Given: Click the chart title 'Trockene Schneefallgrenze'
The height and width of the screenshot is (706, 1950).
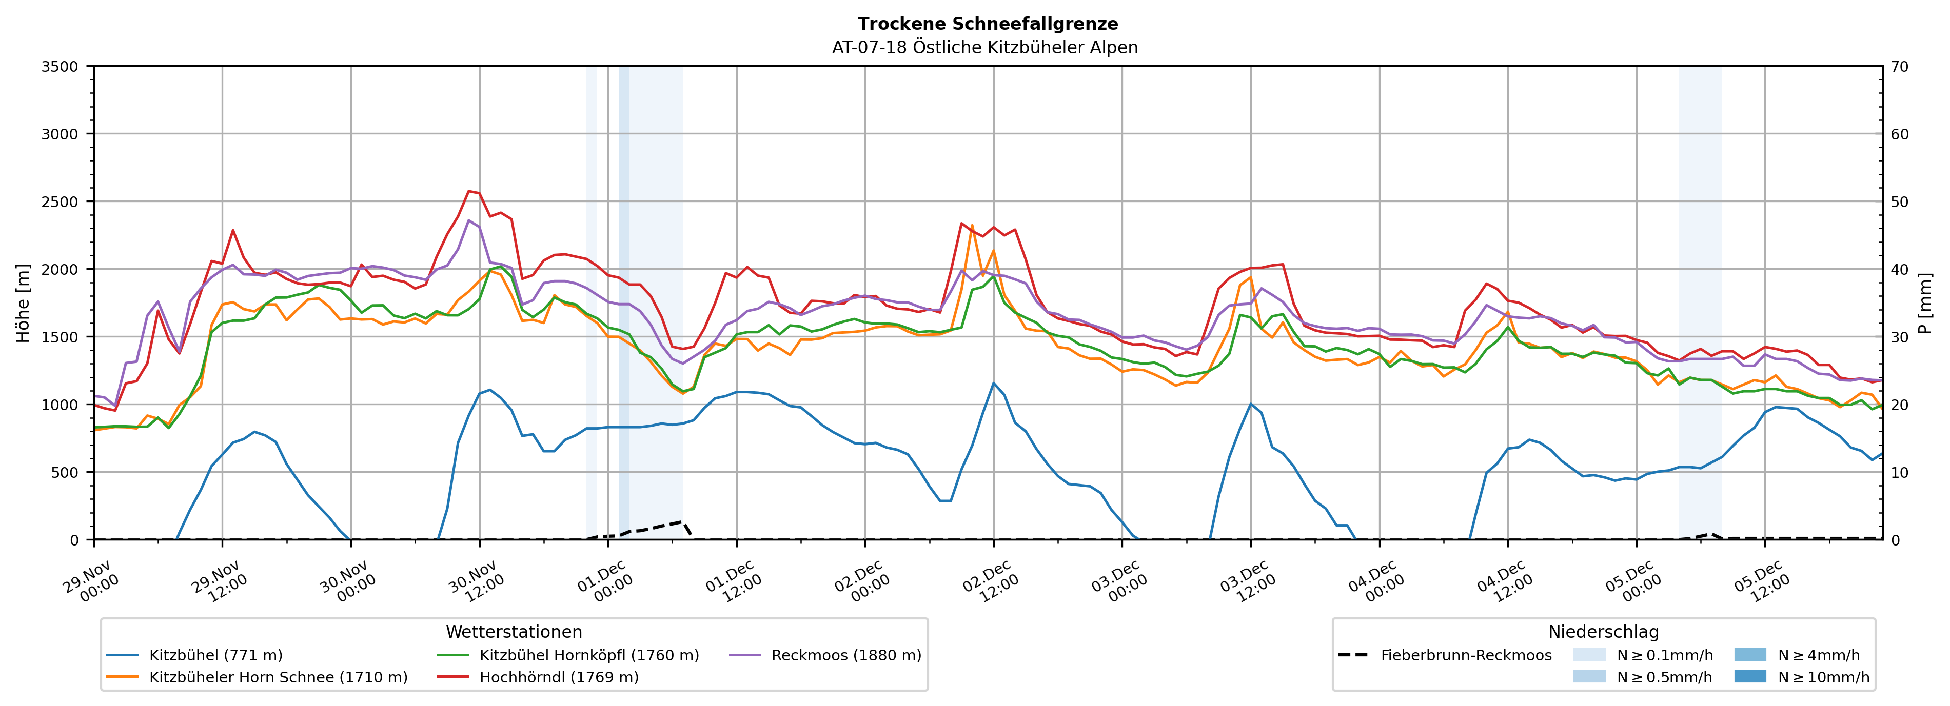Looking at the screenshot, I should [987, 24].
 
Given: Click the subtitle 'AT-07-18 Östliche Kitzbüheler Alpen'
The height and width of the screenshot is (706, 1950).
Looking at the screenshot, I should [984, 48].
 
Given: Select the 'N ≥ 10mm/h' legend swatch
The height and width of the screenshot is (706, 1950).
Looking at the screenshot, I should [1750, 676].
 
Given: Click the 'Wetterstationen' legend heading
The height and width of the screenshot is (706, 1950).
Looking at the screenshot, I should [514, 632].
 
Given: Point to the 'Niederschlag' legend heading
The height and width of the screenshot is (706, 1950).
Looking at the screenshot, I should [1603, 632].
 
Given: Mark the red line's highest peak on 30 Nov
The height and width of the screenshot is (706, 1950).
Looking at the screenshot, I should [469, 191].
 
